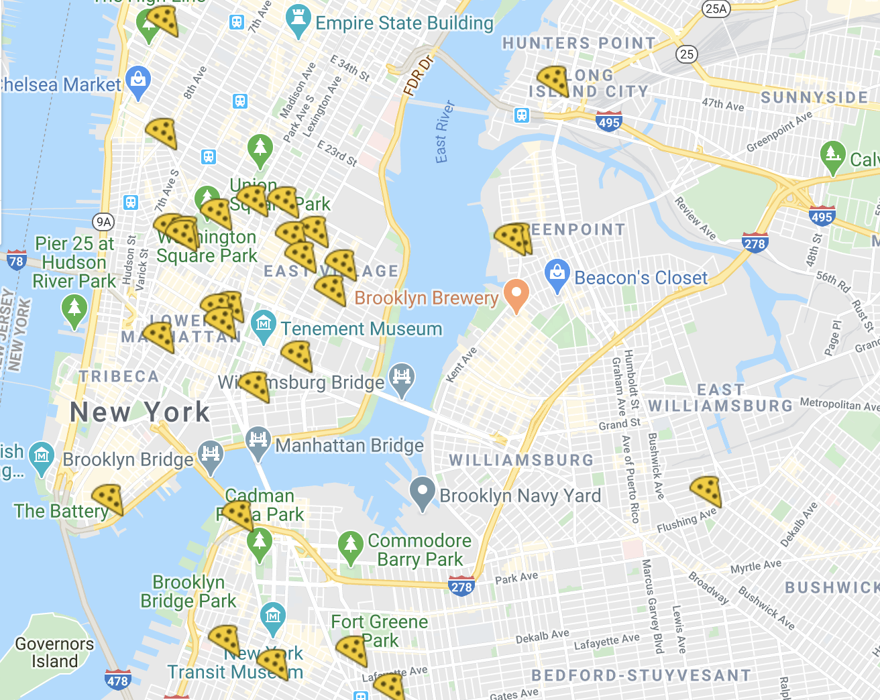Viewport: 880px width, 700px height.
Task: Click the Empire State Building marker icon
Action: (297, 21)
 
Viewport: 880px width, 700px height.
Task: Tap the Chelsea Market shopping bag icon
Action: (138, 82)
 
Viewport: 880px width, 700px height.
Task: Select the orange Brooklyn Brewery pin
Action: (516, 295)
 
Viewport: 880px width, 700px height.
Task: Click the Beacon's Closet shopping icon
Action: (557, 276)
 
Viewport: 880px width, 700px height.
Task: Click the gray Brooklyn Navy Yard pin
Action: (423, 493)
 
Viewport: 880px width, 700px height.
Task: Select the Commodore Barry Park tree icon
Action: (350, 547)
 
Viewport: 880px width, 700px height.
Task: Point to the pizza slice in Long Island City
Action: (553, 80)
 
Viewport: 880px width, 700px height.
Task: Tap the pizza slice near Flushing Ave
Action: (706, 491)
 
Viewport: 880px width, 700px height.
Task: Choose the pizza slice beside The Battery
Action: (107, 500)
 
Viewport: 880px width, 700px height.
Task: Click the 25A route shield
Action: (716, 9)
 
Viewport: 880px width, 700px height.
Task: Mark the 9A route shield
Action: (103, 222)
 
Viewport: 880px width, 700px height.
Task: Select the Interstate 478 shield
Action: (117, 680)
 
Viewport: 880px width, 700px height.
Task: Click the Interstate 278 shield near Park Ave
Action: (461, 586)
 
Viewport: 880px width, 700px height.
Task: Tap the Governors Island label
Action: (54, 652)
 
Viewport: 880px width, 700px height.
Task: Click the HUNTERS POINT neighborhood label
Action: (579, 44)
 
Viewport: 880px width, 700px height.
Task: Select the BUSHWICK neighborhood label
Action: (832, 588)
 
